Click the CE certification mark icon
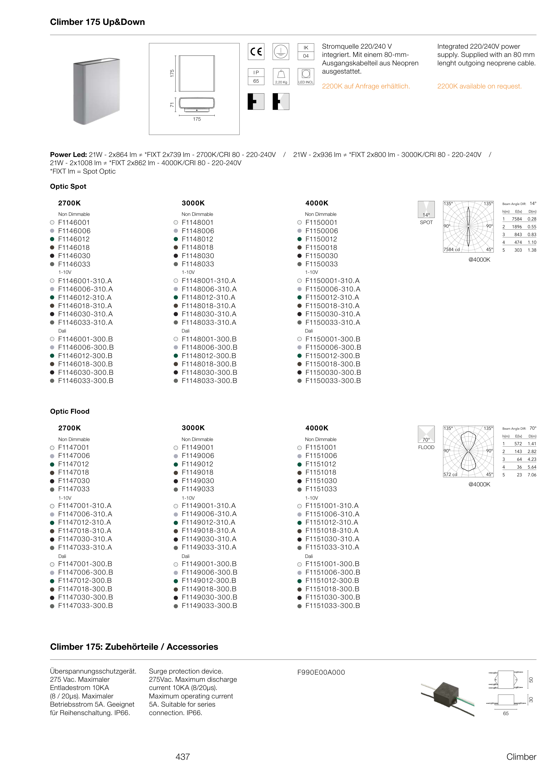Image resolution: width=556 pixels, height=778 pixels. (256, 52)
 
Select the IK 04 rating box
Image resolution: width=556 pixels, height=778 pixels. (306, 52)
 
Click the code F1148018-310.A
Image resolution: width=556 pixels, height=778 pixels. (209, 306)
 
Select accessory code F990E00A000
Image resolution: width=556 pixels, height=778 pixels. (321, 672)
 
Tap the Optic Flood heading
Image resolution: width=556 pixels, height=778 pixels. (69, 411)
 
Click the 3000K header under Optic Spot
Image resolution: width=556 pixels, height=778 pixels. (193, 203)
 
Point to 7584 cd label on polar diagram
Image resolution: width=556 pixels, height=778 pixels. (451, 249)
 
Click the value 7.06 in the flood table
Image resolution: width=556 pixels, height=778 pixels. (532, 475)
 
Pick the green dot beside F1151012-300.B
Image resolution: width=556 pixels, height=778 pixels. (299, 581)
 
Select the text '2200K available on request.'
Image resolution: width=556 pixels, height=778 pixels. (479, 86)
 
